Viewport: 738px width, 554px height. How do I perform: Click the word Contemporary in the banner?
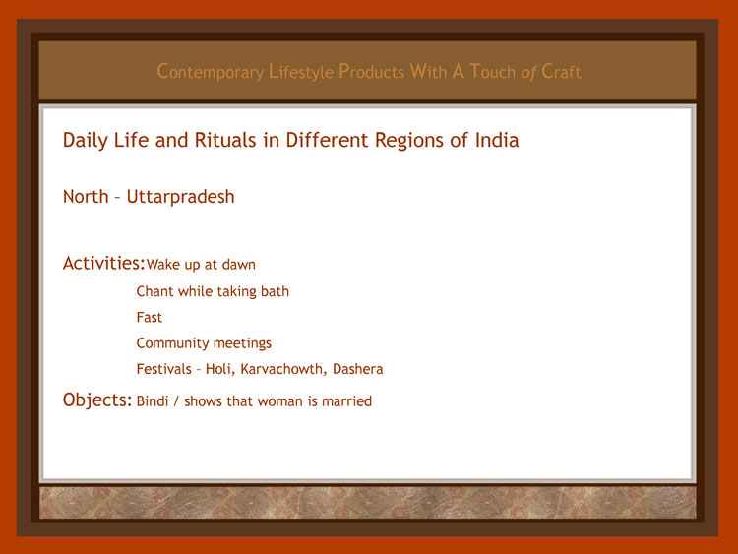[x=211, y=72]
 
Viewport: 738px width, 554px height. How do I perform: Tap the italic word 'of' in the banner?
[x=528, y=72]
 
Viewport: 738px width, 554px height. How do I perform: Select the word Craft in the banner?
[x=561, y=71]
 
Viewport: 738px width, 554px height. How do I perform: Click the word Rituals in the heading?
[x=225, y=140]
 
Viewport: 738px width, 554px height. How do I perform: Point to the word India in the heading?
[x=497, y=140]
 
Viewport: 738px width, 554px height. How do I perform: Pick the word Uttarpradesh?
[x=181, y=197]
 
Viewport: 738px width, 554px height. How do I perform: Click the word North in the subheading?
[x=86, y=196]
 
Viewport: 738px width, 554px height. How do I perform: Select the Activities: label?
[x=103, y=263]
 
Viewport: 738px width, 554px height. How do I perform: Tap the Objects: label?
[x=97, y=400]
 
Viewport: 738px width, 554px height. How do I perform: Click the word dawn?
[x=239, y=265]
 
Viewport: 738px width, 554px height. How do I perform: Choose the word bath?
[x=275, y=291]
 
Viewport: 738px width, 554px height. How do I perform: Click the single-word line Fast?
[x=150, y=317]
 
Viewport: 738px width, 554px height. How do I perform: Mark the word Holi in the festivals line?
[x=219, y=369]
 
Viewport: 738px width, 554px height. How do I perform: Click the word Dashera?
[x=358, y=369]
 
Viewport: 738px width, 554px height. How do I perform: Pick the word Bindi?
[x=153, y=401]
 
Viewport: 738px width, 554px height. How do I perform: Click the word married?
[x=347, y=401]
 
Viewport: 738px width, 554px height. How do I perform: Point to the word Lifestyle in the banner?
[x=301, y=72]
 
